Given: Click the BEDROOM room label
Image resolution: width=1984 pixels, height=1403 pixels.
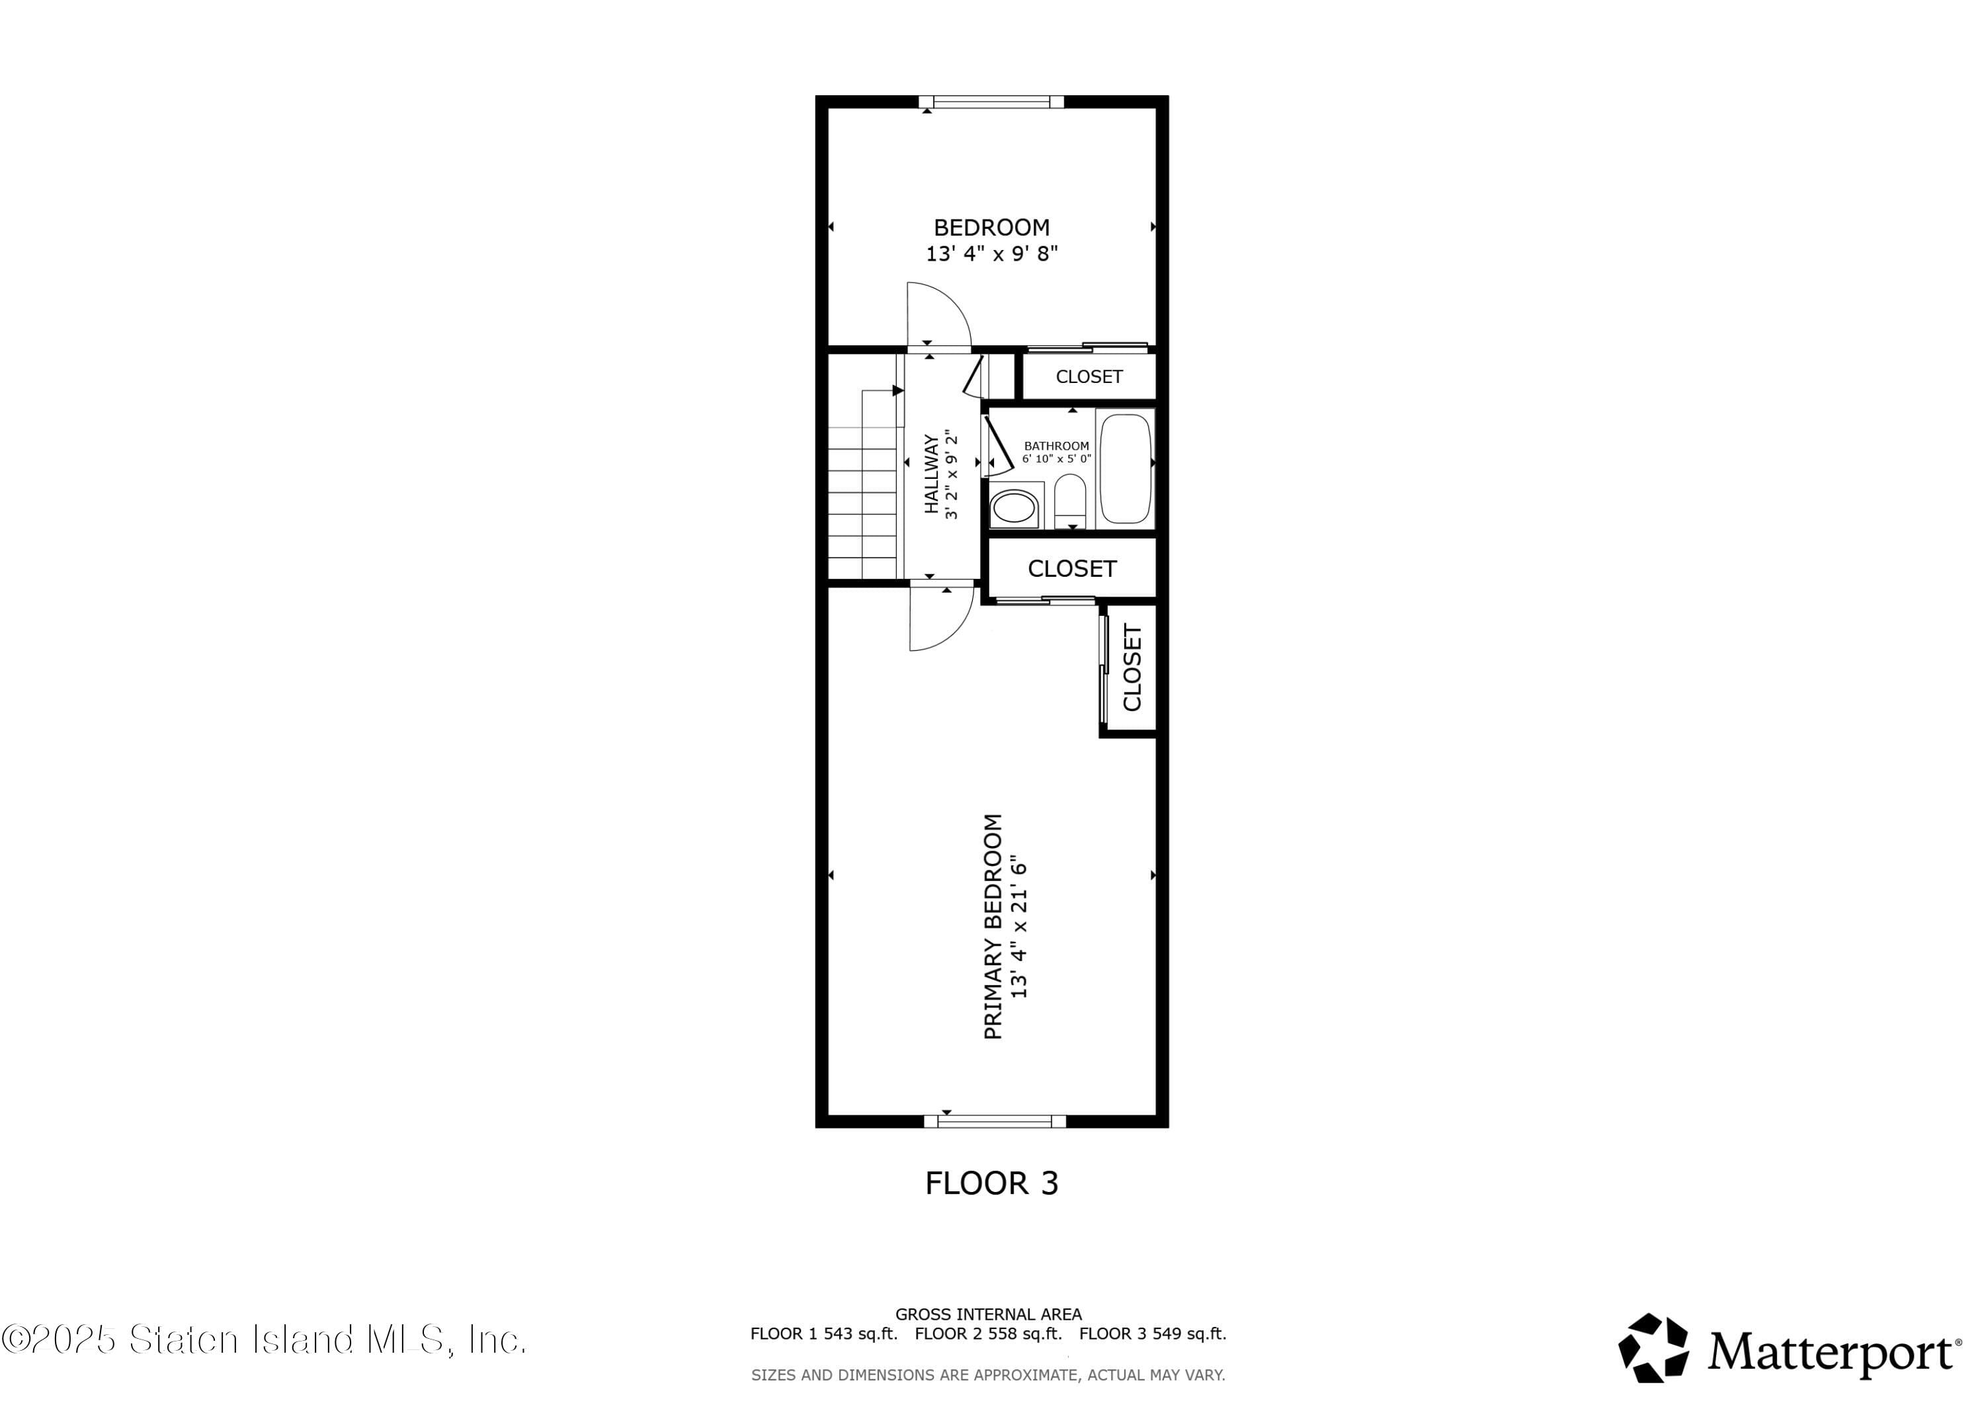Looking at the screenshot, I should (991, 228).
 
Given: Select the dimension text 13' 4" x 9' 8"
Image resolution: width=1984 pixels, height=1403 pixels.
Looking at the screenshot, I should (991, 254).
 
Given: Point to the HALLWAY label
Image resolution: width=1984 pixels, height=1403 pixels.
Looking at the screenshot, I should (932, 474).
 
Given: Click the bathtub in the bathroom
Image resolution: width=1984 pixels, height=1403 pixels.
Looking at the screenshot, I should (1125, 468).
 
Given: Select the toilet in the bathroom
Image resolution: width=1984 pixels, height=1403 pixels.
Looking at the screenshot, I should (1070, 502).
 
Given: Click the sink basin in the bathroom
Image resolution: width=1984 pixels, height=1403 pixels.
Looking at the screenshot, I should (1014, 508).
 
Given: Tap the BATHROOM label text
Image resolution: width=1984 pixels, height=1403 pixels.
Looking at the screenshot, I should (1056, 446).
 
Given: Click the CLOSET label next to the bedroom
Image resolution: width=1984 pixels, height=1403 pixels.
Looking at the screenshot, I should (1089, 377).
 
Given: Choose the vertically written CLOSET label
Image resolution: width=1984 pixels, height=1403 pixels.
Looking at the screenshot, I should (1132, 667).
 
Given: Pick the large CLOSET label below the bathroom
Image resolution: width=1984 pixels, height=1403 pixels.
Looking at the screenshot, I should (1071, 569).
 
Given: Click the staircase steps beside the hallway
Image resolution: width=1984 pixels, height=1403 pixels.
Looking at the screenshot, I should (863, 501).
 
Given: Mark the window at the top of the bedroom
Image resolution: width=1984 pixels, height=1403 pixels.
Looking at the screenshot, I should (991, 102).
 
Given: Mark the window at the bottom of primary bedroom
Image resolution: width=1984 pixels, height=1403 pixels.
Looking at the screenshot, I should (995, 1121).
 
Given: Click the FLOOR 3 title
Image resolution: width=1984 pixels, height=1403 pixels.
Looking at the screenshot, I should (991, 1183).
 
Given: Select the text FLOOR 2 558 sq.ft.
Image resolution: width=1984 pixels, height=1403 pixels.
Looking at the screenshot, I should (987, 1334).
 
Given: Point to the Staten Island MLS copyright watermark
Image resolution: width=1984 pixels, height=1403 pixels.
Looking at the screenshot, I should (264, 1339).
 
